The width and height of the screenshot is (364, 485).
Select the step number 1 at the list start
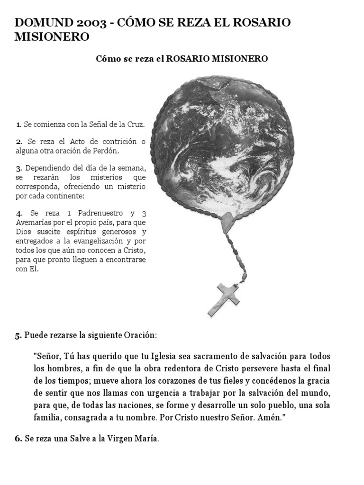pos(18,125)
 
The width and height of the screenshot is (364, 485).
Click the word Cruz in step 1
pos(135,125)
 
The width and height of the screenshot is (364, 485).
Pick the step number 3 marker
pos(18,168)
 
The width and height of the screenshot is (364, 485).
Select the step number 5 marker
pos(18,336)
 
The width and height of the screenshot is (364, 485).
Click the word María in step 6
pos(147,439)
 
